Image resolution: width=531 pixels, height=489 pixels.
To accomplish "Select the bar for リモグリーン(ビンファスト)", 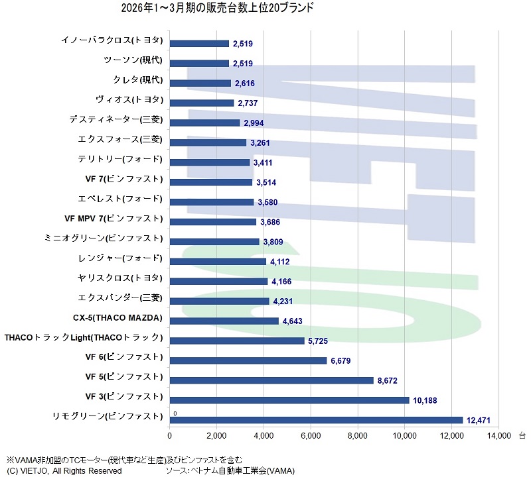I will pyautogui.click(x=316, y=419).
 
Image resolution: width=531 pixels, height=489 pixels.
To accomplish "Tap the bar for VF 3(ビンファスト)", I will pyautogui.click(x=289, y=400).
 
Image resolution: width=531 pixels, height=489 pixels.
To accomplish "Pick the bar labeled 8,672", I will pyautogui.click(x=271, y=380).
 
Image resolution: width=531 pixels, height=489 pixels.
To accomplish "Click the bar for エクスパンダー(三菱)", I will pyautogui.click(x=220, y=301).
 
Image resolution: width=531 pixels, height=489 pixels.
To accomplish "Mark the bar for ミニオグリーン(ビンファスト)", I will pyautogui.click(x=214, y=242).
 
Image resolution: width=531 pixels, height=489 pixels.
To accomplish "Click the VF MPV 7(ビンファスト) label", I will pyautogui.click(x=114, y=218).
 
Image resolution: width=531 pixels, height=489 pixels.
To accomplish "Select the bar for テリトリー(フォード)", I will pyautogui.click(x=210, y=162).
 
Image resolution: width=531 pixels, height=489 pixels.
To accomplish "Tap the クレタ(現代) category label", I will pyautogui.click(x=138, y=80).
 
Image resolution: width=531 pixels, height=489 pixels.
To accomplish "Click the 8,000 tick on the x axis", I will pyautogui.click(x=358, y=436).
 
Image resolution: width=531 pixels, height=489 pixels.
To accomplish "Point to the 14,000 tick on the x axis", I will pyautogui.click(x=498, y=436).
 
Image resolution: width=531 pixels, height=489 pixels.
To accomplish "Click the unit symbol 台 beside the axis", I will pyautogui.click(x=522, y=436).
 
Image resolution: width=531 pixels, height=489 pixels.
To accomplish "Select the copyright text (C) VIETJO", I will pyautogui.click(x=64, y=471).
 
